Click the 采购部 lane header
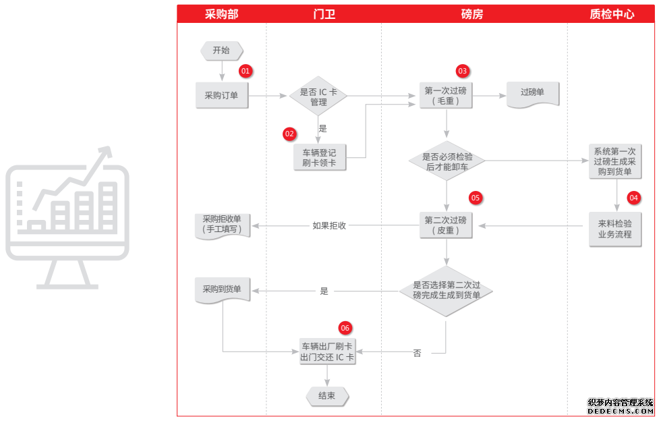221,14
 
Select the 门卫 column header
324,14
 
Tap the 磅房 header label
472,14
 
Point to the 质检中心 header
612,14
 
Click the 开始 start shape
221,50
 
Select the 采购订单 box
221,96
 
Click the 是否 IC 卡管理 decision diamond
318,97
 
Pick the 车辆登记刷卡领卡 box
319,157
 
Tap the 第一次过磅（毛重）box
445,96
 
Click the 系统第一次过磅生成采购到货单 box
614,161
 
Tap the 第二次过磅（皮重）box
445,225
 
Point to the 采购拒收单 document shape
222,225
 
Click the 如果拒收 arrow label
329,226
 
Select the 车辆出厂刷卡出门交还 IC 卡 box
327,352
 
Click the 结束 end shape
326,396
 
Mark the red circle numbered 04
633,198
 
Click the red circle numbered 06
345,328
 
